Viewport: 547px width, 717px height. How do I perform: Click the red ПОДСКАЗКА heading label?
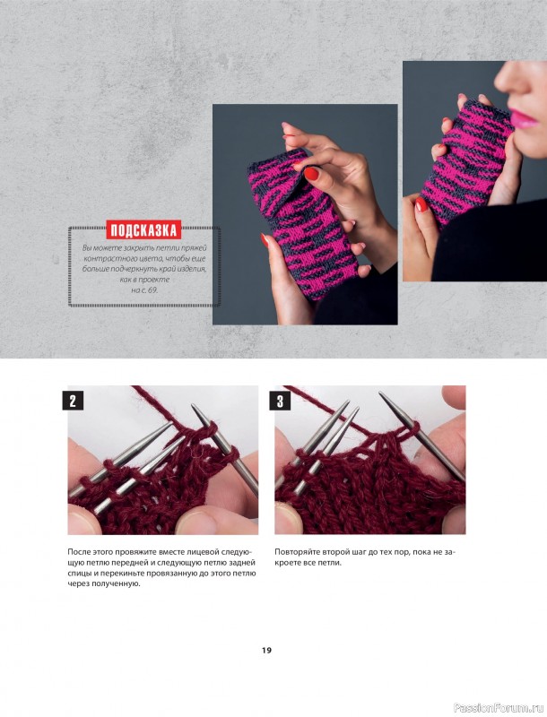coord(143,230)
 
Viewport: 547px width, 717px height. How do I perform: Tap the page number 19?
coord(266,651)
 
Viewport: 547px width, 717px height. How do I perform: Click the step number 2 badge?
coord(73,401)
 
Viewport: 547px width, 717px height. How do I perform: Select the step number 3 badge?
coord(280,401)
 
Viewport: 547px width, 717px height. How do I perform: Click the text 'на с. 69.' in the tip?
coord(144,289)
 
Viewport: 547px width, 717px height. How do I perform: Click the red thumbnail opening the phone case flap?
coord(311,173)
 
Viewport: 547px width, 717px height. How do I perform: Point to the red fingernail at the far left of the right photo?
coord(421,204)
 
